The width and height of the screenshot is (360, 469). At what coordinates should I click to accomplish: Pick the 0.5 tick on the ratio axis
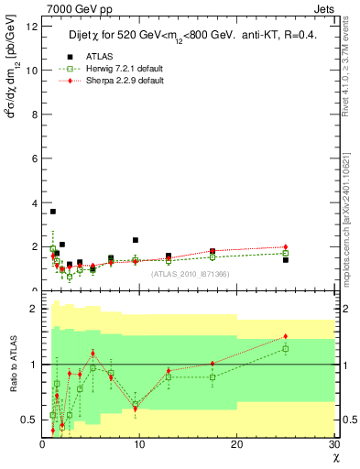click(x=30, y=420)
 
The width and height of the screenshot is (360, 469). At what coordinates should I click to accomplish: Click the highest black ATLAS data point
click(x=53, y=212)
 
